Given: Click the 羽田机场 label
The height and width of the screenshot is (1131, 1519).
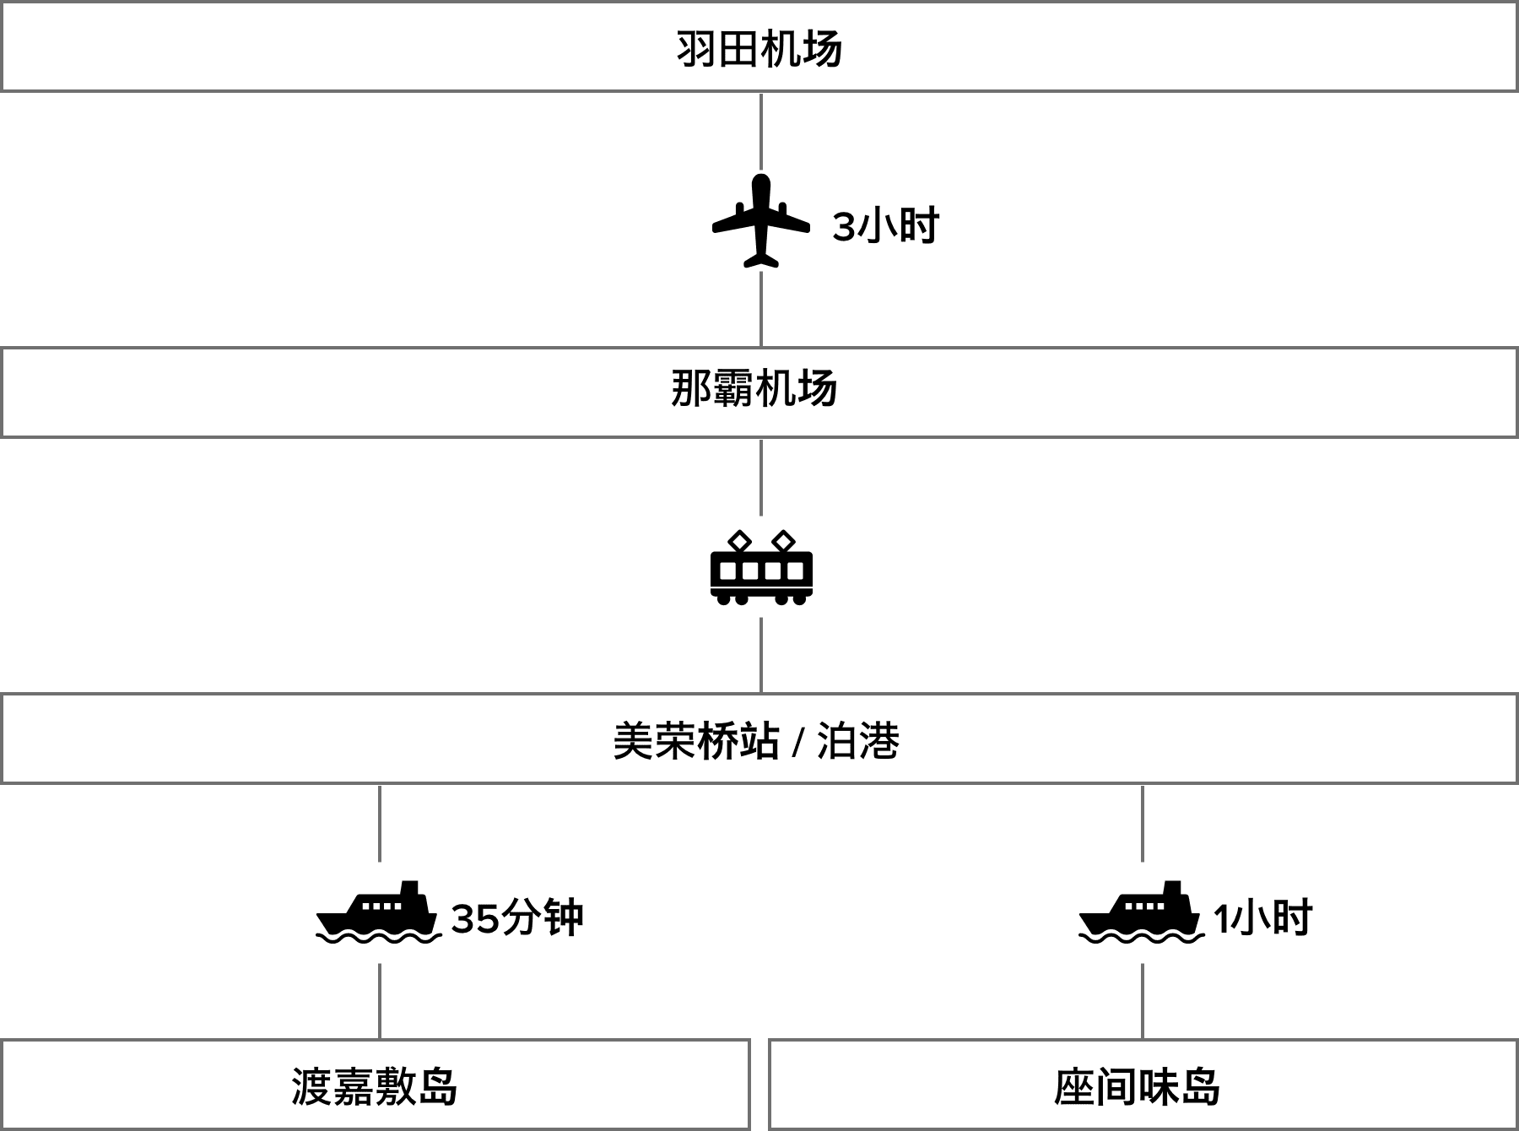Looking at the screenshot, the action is click(x=759, y=49).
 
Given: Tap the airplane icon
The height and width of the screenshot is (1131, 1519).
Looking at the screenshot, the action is click(x=761, y=220).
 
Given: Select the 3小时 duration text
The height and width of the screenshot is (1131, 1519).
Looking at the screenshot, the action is click(x=886, y=226).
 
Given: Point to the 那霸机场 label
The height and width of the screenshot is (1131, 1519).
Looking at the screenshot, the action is click(x=754, y=390).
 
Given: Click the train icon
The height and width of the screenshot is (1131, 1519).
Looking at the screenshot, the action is click(x=761, y=566).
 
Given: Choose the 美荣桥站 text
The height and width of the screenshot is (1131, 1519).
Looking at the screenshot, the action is click(x=697, y=741).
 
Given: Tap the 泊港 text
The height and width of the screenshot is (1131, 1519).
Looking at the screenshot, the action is click(x=858, y=741).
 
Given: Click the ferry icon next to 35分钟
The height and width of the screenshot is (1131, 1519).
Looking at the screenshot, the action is click(x=380, y=912).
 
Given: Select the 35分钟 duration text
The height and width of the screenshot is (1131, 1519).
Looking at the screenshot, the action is click(x=517, y=918).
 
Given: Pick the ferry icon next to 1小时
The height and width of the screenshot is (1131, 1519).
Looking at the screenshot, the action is click(x=1143, y=912).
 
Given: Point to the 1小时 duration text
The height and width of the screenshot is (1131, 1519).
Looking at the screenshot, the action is click(x=1263, y=918).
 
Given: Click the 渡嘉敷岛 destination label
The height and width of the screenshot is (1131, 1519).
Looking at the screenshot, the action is click(x=375, y=1087).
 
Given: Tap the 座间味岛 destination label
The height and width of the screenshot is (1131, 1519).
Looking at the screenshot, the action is click(x=1138, y=1087).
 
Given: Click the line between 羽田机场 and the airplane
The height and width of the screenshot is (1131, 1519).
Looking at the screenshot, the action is click(x=761, y=131).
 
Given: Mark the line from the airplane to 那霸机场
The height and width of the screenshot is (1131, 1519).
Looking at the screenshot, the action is click(x=761, y=309).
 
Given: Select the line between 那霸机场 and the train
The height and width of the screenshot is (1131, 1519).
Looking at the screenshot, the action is click(x=761, y=477).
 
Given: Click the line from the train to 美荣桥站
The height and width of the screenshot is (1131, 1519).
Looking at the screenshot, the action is click(x=761, y=655).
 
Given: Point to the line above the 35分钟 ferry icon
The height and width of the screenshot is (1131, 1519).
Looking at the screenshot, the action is click(x=380, y=823).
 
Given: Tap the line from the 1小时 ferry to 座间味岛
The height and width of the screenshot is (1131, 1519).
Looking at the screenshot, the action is click(x=1143, y=1001).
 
